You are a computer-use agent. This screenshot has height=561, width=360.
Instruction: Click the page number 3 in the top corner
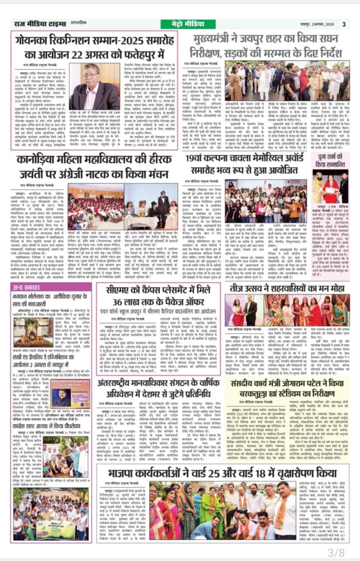coord(344,24)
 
